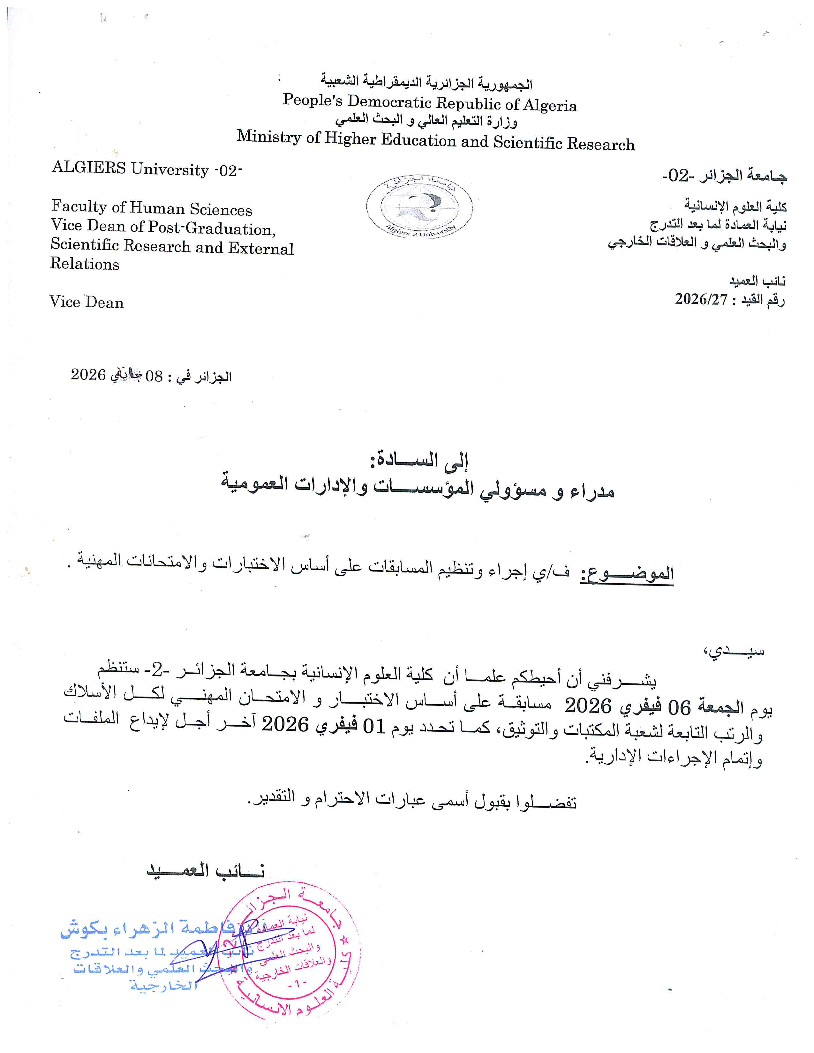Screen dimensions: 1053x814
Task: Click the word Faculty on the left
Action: (x=79, y=207)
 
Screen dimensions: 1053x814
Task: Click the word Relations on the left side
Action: (x=85, y=264)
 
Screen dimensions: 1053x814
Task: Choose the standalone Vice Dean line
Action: (x=87, y=302)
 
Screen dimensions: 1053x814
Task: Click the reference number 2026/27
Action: (x=701, y=299)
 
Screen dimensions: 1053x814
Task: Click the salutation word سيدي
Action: (x=733, y=651)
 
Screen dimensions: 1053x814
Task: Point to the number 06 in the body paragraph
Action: (x=679, y=708)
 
